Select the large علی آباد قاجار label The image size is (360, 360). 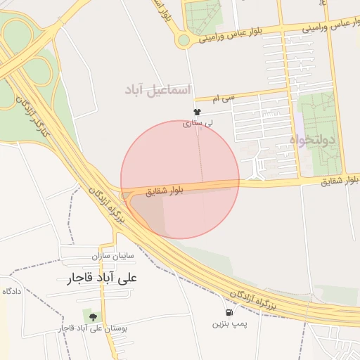click(x=103, y=278)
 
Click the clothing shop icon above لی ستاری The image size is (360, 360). click(x=197, y=112)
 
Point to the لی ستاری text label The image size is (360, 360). click(x=197, y=123)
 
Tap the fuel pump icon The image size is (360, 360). click(x=229, y=313)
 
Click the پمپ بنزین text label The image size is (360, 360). click(x=230, y=325)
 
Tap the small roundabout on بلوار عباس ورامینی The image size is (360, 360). click(x=184, y=41)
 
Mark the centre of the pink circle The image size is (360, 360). click(x=180, y=179)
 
